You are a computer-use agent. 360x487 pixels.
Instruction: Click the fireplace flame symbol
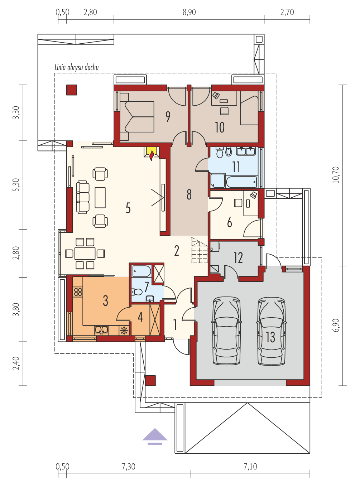152,155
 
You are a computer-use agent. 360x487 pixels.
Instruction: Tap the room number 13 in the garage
270,337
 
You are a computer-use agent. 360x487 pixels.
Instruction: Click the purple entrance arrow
155,435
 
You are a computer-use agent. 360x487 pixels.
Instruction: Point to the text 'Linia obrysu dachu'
77,67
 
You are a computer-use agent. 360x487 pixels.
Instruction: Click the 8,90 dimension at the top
189,12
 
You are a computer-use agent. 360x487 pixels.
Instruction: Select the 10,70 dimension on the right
336,175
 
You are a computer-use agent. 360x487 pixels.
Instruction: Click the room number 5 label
128,208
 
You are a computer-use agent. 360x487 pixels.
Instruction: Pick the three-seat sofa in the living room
82,197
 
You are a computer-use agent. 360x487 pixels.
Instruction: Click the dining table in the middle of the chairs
85,254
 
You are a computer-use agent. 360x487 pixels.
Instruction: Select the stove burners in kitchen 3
78,291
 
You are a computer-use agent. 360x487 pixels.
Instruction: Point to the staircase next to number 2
199,250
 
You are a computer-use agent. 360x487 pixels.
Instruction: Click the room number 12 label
238,258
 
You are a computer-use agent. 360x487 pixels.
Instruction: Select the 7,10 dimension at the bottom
250,467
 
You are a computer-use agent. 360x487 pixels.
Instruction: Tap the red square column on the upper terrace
72,90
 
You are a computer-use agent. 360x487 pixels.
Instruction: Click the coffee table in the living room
100,197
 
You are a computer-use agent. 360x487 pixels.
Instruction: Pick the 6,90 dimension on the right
336,325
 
